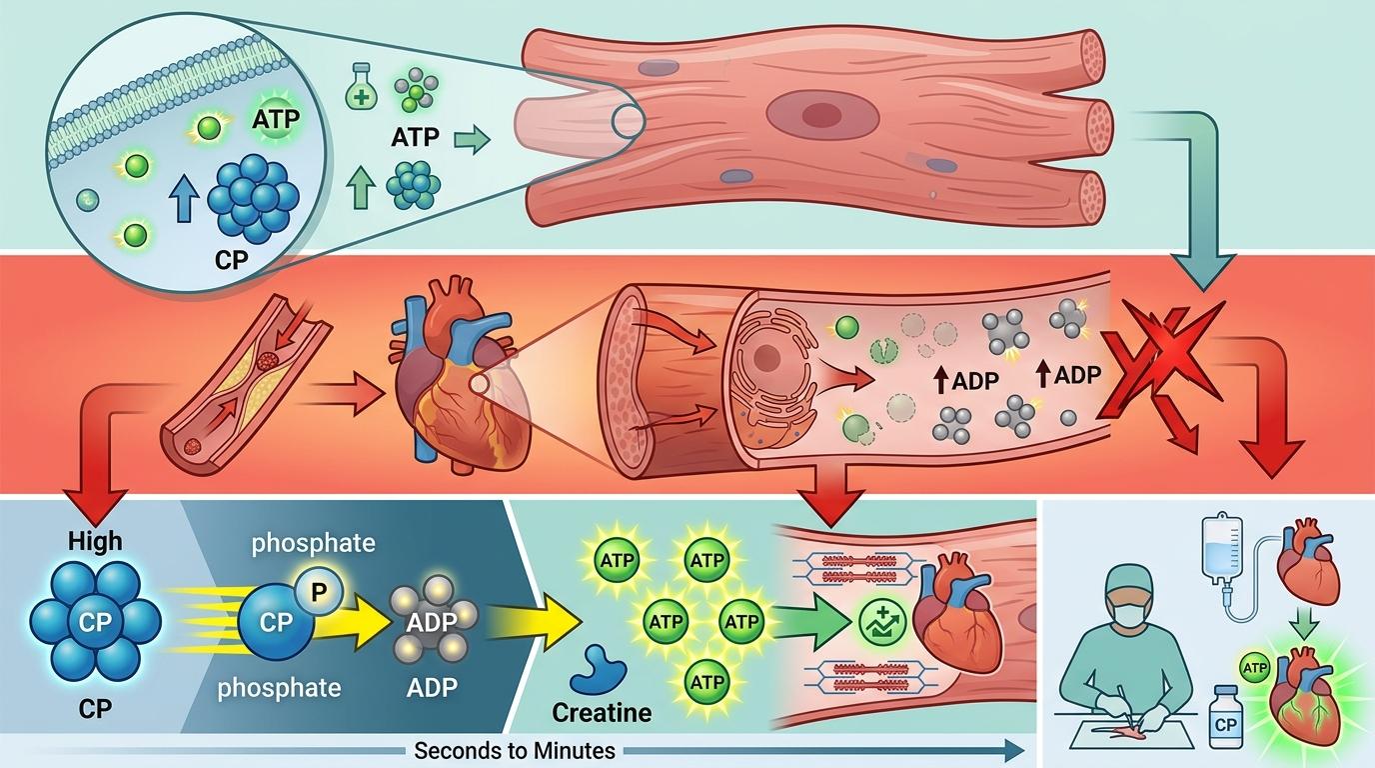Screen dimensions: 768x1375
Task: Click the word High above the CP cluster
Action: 95,541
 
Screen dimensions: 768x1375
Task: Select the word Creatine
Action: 601,713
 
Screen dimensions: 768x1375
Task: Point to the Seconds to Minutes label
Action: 515,751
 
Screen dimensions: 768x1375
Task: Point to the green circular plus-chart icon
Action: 878,622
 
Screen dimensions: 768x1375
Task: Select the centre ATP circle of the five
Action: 667,622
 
